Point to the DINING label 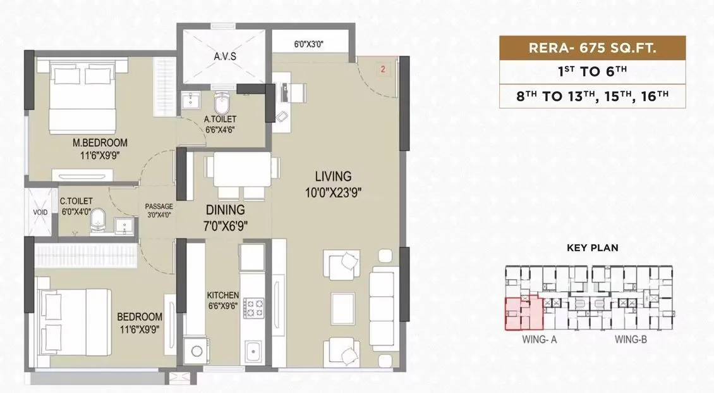click(224, 210)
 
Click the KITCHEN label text click(223, 295)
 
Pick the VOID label click(40, 213)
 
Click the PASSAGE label click(159, 206)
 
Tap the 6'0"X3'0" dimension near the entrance click(310, 45)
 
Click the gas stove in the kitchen click(255, 308)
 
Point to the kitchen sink click(254, 350)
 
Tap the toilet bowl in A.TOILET click(222, 104)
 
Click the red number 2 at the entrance click(383, 68)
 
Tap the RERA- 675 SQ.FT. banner click(592, 49)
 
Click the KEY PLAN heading click(592, 248)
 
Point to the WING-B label click(631, 340)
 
